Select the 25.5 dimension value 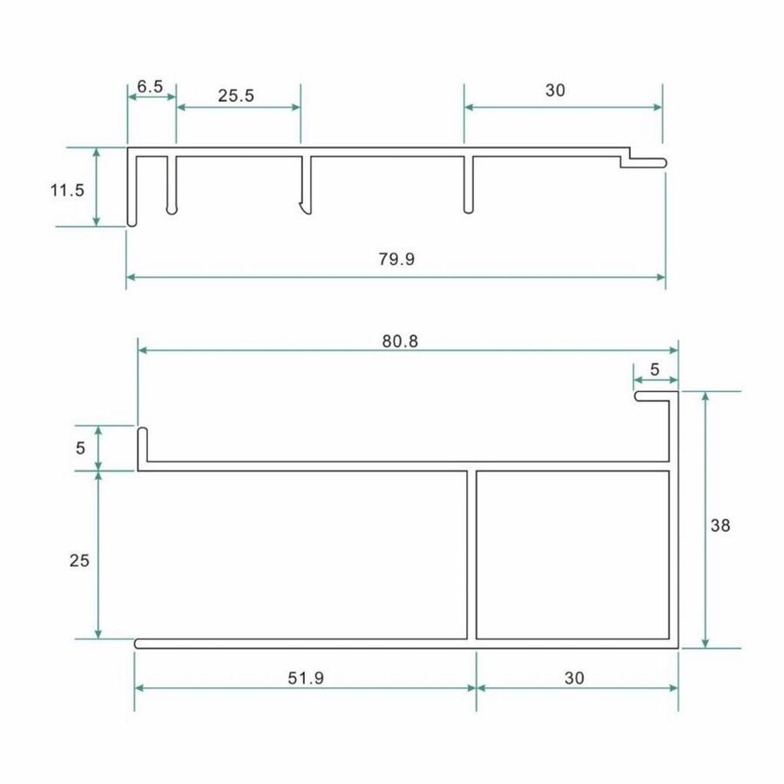236,97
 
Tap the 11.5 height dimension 67,190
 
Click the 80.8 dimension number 400,341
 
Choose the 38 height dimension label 720,525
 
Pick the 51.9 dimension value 306,677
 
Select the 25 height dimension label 79,561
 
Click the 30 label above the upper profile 555,91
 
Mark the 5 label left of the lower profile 81,449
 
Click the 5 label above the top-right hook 655,369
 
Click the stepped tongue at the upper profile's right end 645,161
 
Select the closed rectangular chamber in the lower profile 573,555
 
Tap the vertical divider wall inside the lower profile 471,555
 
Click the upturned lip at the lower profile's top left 141,445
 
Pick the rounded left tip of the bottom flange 139,644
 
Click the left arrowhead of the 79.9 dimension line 132,277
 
